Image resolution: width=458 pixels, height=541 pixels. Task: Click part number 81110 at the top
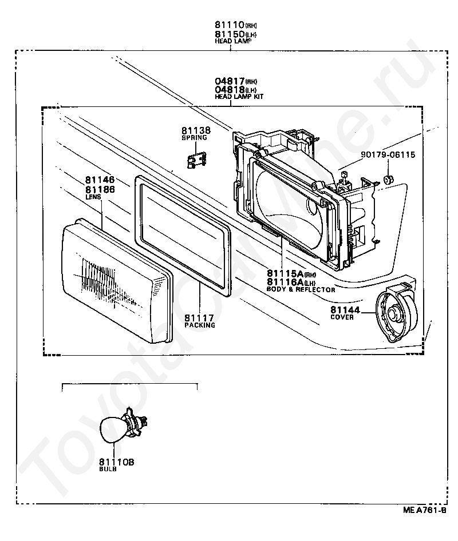230,25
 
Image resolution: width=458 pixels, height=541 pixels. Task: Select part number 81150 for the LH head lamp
230,34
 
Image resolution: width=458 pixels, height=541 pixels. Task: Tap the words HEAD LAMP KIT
239,97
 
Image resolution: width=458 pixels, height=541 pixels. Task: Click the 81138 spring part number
196,130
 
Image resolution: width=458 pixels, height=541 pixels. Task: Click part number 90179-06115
388,154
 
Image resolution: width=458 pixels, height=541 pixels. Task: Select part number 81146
100,180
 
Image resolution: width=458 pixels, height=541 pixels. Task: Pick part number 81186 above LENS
100,189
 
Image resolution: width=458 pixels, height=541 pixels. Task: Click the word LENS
93,197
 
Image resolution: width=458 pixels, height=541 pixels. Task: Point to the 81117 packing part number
199,317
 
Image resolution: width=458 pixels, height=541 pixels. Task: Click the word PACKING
200,325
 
